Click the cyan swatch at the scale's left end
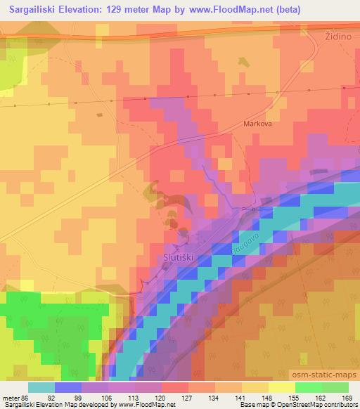pos(42,387)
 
